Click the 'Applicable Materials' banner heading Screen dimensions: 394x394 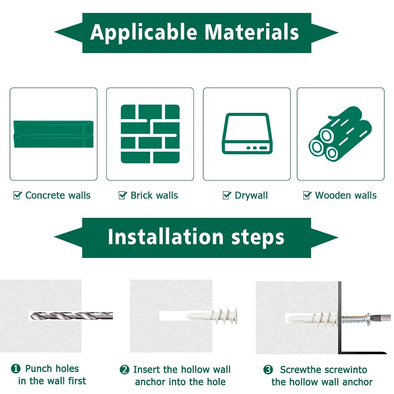click(195, 32)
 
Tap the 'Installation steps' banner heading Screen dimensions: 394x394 click(196, 237)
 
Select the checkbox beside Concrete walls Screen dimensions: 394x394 click(17, 195)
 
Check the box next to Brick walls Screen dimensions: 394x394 click(123, 195)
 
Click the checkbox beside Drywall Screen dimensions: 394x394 click(227, 195)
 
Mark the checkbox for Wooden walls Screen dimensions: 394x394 click(307, 195)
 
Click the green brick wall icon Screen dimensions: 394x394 click(150, 134)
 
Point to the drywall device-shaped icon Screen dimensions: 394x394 click(247, 134)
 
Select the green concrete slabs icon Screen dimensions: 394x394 click(53, 134)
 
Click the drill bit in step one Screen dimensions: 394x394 click(71, 316)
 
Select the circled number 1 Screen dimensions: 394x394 click(16, 369)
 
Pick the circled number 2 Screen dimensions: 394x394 click(124, 370)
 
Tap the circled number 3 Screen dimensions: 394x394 click(268, 370)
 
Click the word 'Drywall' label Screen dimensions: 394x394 click(251, 195)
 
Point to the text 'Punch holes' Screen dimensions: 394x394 click(52, 369)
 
